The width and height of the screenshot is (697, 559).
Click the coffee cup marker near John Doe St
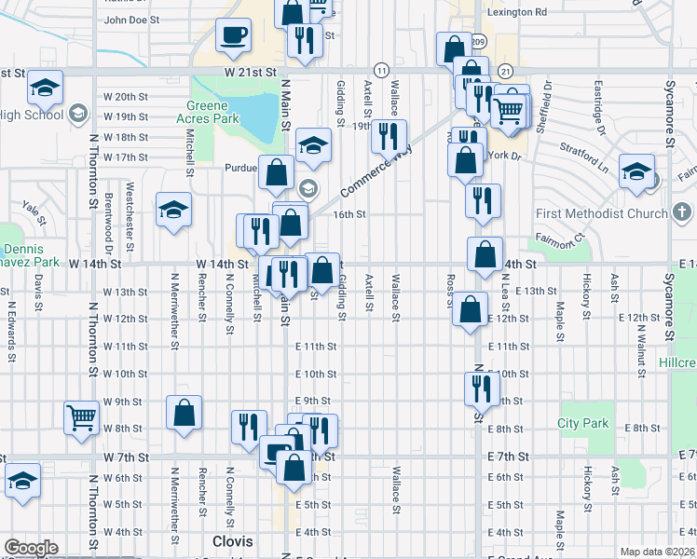[x=233, y=36]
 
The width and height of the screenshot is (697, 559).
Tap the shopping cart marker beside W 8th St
[x=81, y=417]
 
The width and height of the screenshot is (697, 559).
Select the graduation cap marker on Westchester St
[x=172, y=210]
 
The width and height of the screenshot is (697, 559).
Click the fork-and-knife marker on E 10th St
[x=481, y=388]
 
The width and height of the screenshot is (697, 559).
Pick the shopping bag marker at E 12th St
[x=471, y=309]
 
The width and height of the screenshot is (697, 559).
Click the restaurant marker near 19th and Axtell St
[x=389, y=137]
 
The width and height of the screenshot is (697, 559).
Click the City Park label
[x=582, y=424]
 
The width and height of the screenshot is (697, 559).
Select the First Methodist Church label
[x=602, y=214]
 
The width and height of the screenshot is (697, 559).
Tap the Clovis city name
[x=232, y=541]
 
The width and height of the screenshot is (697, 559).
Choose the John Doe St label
[x=131, y=19]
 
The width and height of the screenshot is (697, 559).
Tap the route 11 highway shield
[x=381, y=70]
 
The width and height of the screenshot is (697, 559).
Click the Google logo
[x=31, y=548]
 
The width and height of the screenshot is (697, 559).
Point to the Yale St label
[x=35, y=213]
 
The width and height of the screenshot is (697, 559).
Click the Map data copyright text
[x=658, y=552]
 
